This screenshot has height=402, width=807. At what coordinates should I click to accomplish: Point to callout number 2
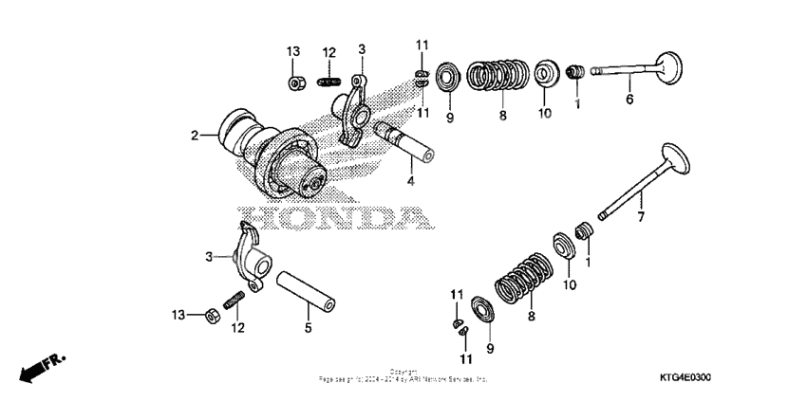pos(194,136)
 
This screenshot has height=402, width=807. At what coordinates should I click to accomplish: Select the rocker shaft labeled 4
pos(404,139)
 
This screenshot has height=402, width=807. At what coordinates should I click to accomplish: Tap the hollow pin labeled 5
pos(306,290)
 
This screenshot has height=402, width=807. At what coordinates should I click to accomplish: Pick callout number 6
pos(628,99)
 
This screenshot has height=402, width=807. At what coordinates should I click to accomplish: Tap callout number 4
pos(410,180)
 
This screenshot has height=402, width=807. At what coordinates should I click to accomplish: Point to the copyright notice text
pos(403,375)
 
